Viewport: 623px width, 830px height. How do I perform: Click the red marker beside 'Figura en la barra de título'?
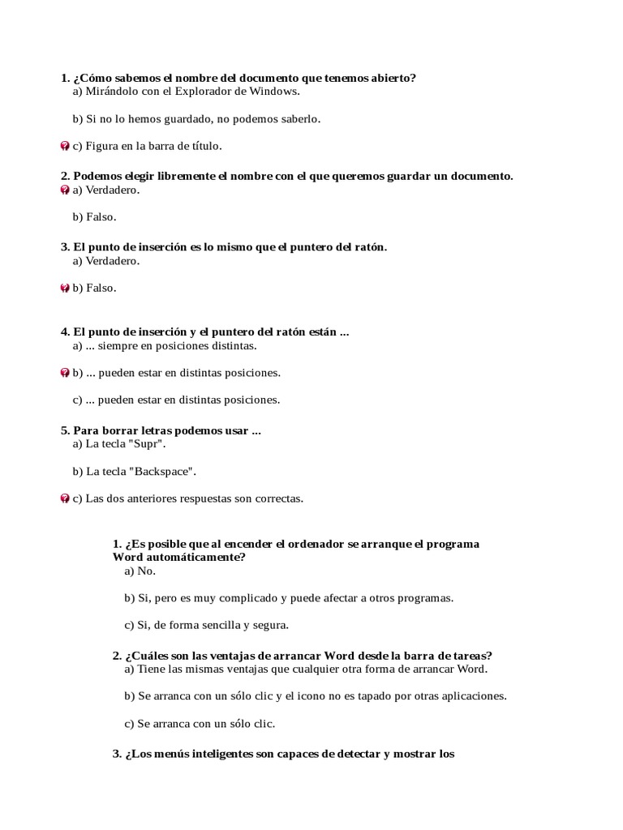click(x=65, y=146)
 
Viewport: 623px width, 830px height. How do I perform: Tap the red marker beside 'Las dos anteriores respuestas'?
click(x=65, y=498)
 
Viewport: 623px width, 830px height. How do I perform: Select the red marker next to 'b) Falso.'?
click(x=65, y=288)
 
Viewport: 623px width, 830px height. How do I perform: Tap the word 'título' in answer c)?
click(x=204, y=146)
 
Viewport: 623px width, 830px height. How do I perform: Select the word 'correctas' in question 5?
click(x=278, y=498)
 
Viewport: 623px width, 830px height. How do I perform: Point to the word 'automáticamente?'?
click(x=192, y=557)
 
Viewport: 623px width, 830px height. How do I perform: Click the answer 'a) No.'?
click(x=140, y=571)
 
